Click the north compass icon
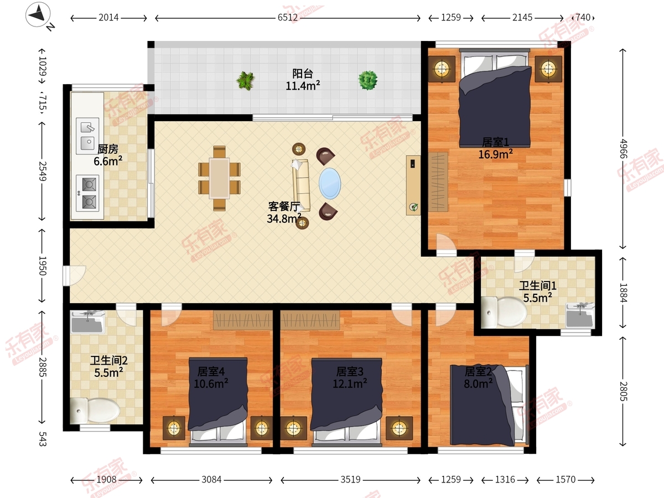(x=38, y=14)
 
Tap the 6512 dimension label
(x=287, y=18)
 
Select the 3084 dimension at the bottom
(x=211, y=480)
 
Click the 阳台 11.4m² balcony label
(x=303, y=80)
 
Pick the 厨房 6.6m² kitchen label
(x=108, y=155)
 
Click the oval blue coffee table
(x=330, y=184)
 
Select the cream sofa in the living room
(x=300, y=185)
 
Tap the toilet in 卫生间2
(x=95, y=411)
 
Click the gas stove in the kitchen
(x=87, y=193)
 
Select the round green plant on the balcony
(x=368, y=80)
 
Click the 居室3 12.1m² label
(x=350, y=378)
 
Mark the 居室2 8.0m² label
(x=478, y=378)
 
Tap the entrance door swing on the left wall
(x=74, y=276)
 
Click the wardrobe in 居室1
(x=438, y=181)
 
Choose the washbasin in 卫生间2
(x=88, y=321)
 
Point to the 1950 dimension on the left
(x=43, y=266)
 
